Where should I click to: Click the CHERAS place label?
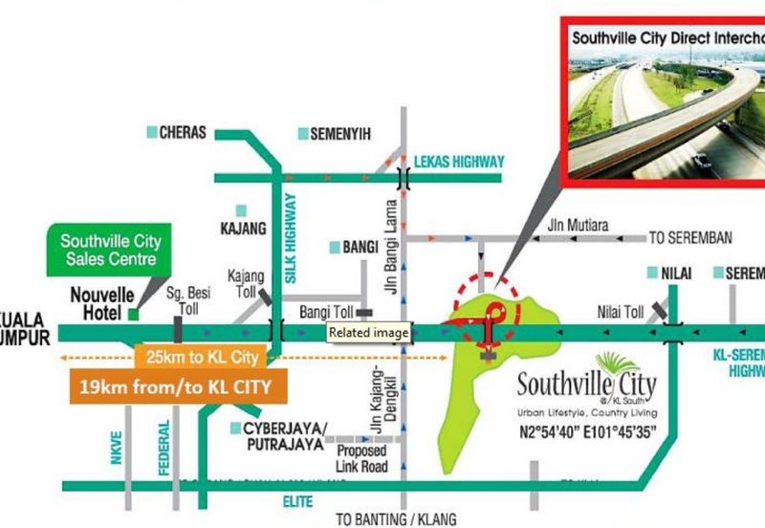pos(183,133)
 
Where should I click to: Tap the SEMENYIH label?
pos(340,135)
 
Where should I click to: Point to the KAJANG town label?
pos(237,230)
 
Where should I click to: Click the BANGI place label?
pos(361,248)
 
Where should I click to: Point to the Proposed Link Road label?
pos(361,458)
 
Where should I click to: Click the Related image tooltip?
pos(369,333)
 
